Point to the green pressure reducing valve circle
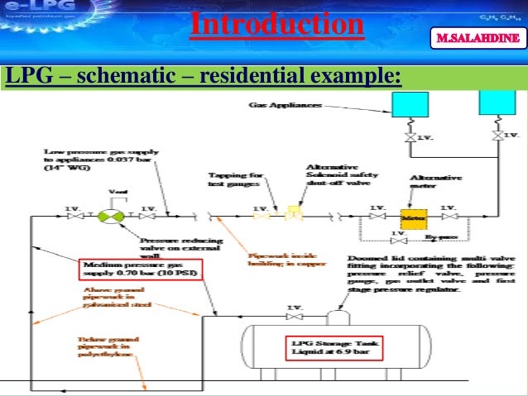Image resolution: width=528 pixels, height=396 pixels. point(109,216)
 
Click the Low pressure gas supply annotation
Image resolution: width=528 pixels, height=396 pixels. point(79,159)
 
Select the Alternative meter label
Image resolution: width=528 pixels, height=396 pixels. point(431,183)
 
